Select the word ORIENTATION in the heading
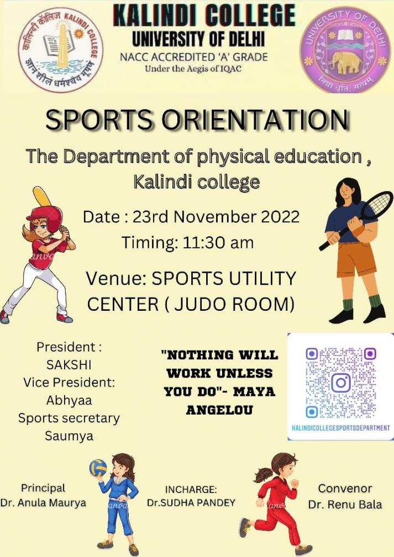pos(255,120)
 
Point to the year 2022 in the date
pos(280,216)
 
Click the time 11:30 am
pos(218,243)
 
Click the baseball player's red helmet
pos(45,217)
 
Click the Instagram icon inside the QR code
pos(340,382)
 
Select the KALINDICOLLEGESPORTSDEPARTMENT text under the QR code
pos(340,428)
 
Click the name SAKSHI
pos(69,364)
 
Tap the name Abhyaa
pos(69,400)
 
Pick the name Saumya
pos(69,436)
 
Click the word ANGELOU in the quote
pos(219,410)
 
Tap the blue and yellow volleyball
pos(98,468)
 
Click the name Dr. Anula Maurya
pos(43,503)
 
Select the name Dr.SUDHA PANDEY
pos(191,503)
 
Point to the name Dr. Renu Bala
pos(345,505)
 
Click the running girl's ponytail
pos(262,475)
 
